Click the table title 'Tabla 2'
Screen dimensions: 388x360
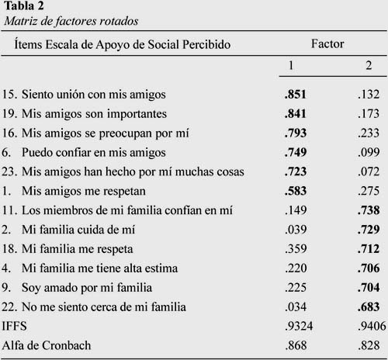point(24,6)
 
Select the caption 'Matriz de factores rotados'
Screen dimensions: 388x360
point(71,21)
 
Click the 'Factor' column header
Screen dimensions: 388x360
point(327,43)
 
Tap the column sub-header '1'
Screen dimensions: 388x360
point(291,65)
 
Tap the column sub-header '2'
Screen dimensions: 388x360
point(369,65)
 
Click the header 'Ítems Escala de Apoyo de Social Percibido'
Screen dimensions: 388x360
point(123,44)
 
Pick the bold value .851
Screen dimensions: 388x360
point(296,95)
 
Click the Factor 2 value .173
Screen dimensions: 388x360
point(369,114)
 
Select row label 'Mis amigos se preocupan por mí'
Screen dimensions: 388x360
point(106,133)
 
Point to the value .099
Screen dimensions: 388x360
point(369,152)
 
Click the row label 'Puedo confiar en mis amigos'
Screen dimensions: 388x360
point(94,153)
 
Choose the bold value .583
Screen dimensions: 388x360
point(296,191)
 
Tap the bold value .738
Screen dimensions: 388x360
point(369,210)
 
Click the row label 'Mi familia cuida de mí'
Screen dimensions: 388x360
point(78,230)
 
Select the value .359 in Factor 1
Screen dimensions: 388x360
point(296,249)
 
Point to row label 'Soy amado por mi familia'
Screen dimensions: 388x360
point(87,288)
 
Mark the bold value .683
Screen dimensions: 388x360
point(369,307)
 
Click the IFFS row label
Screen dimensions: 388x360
point(14,326)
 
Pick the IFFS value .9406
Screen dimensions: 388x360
point(372,326)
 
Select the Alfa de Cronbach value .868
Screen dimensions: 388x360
point(296,345)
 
